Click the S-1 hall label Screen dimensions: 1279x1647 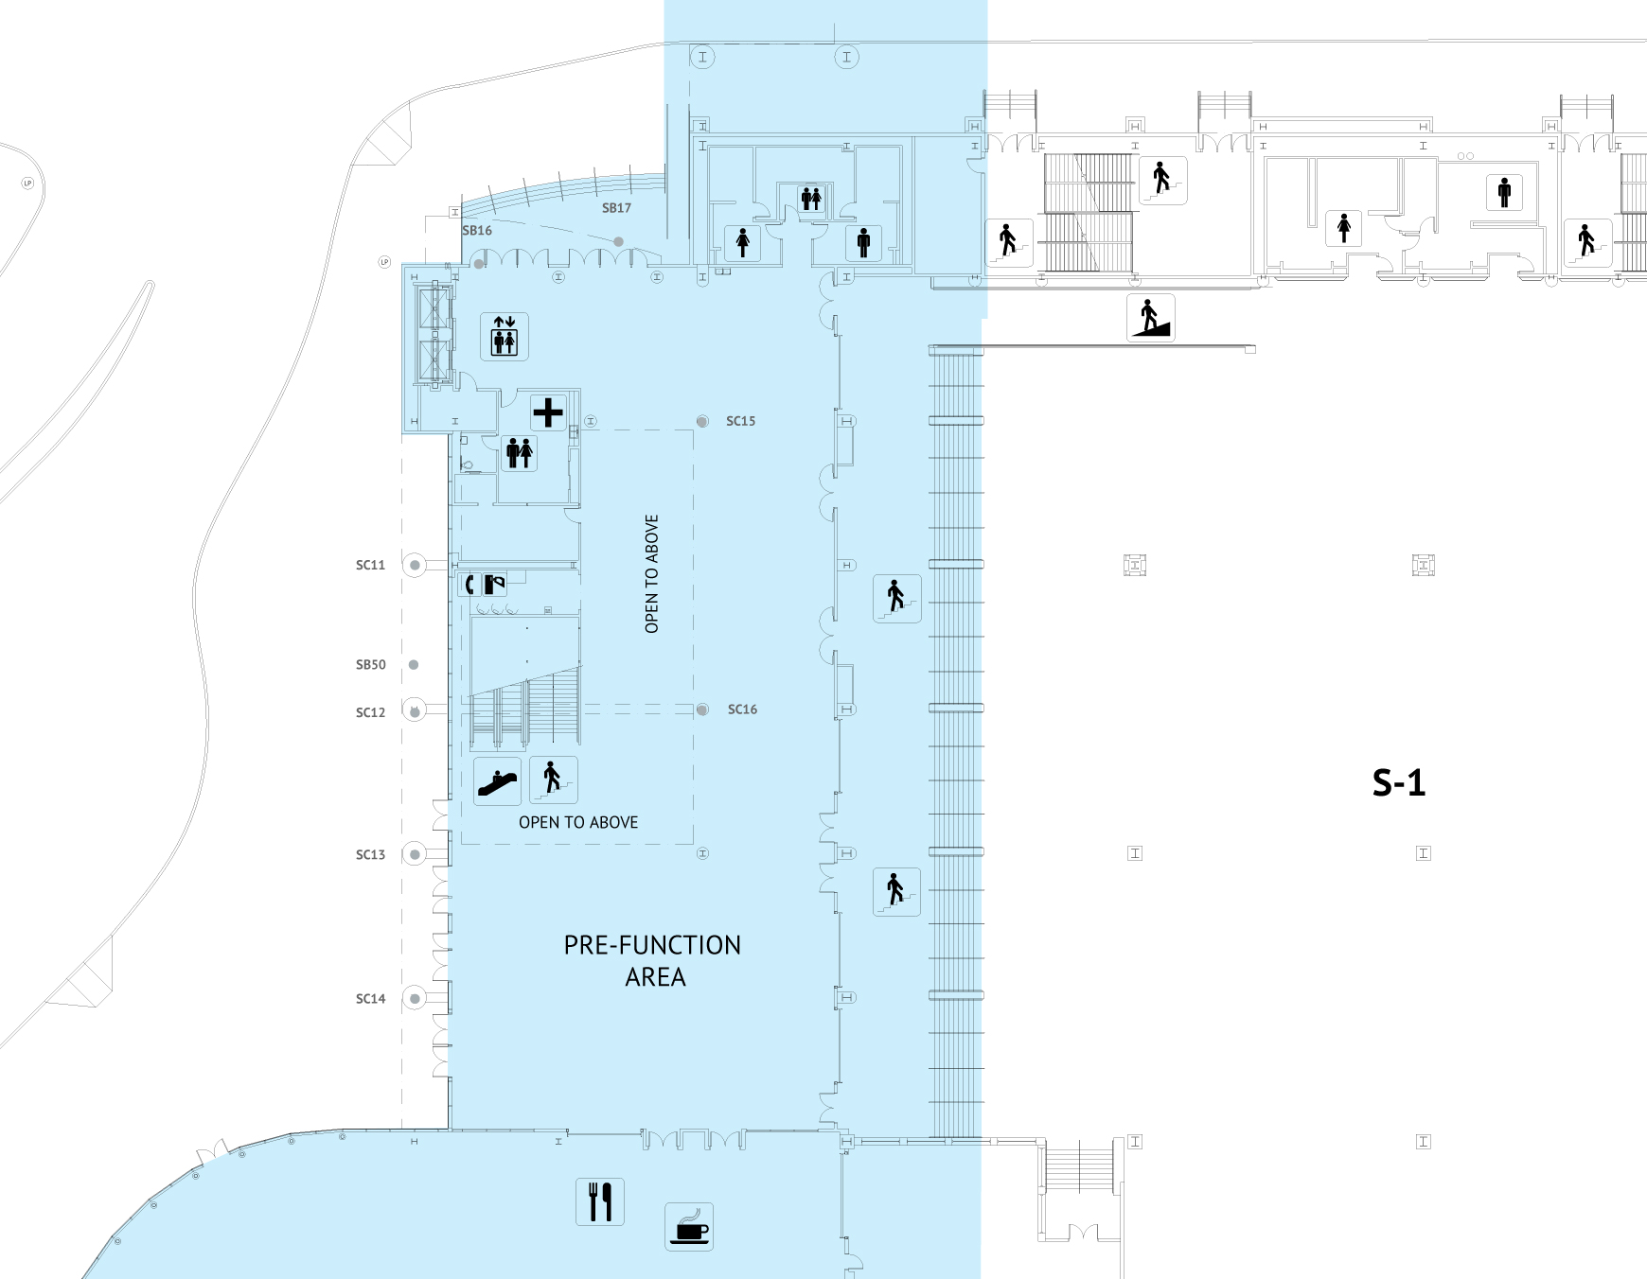[1398, 783]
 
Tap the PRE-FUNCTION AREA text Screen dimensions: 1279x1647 [653, 960]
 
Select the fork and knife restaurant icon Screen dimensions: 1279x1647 [600, 1201]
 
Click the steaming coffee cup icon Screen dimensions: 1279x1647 [689, 1227]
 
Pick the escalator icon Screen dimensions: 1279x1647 [497, 781]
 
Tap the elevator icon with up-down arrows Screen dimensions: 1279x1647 [504, 336]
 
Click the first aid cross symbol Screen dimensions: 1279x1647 [548, 412]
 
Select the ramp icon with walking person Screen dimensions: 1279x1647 [1150, 317]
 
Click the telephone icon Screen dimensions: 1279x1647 [469, 585]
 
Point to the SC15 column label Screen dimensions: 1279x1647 [740, 421]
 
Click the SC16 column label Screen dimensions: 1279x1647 [742, 710]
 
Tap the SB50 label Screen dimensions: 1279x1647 [370, 665]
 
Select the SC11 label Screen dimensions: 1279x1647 [370, 566]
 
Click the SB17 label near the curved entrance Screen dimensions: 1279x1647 [616, 208]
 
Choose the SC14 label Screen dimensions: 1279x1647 [370, 999]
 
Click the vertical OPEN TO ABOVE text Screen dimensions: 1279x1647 [651, 573]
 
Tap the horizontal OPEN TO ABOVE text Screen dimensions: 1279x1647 [578, 823]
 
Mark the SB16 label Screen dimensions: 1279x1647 [477, 231]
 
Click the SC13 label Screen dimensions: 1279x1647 [370, 855]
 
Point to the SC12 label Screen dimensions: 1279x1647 [370, 713]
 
